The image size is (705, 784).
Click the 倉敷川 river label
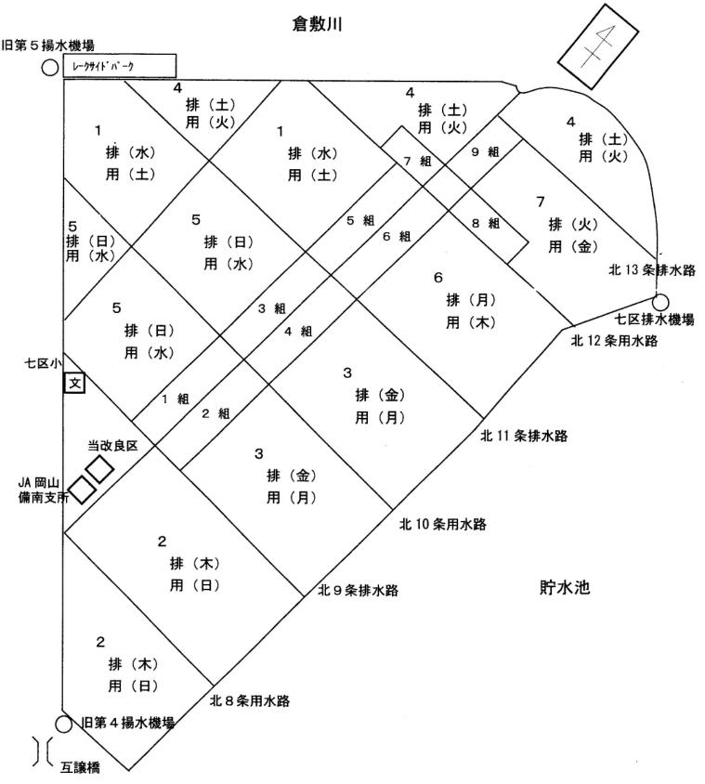tap(317, 24)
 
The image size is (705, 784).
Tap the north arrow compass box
tap(597, 46)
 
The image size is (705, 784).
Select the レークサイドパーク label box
tap(120, 66)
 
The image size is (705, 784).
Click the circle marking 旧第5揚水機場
tap(49, 67)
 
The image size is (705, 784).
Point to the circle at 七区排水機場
tap(660, 302)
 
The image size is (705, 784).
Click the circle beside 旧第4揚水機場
tap(63, 724)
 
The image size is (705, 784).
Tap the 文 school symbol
tap(74, 384)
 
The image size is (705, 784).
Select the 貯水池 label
tap(565, 587)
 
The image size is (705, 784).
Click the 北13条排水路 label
tap(652, 270)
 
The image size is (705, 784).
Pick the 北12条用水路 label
tap(615, 341)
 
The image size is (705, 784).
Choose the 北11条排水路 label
tap(524, 436)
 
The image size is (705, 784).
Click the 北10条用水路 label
tap(443, 524)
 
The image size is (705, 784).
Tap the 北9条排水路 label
tap(358, 591)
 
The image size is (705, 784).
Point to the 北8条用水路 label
tap(250, 700)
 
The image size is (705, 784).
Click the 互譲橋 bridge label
tap(80, 767)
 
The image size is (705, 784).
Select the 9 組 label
tap(485, 152)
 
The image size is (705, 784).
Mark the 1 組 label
tap(175, 399)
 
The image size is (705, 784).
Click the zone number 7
tap(540, 202)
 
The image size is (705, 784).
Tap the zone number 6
tap(438, 278)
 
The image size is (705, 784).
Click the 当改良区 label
tap(112, 446)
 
